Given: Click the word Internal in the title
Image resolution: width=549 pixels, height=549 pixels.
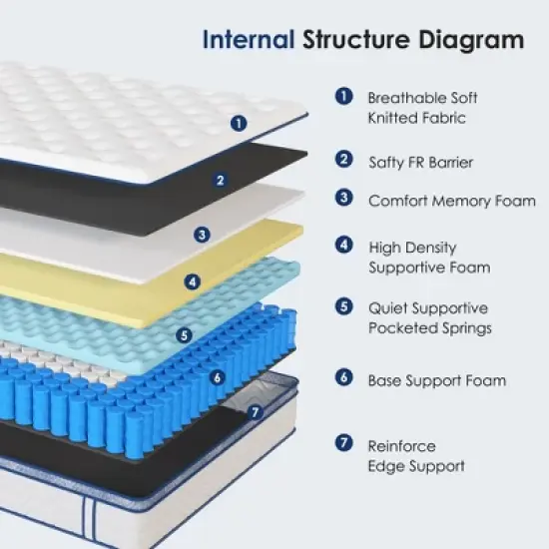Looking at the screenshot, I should coord(248,40).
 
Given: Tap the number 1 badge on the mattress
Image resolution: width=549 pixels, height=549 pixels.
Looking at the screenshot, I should coord(238,124).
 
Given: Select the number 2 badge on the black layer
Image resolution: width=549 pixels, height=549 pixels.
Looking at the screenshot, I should coord(220,181).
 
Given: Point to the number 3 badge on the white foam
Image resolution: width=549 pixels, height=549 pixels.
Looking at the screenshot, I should coord(203,236).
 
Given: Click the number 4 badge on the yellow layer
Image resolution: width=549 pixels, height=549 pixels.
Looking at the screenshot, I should coord(192,281).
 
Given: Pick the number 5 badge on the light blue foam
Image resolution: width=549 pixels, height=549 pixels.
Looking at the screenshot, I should coord(184,334).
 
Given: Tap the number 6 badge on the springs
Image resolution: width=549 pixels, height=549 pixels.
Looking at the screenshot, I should coord(216,377).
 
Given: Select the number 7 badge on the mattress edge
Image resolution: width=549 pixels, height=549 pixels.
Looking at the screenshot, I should coord(255,411).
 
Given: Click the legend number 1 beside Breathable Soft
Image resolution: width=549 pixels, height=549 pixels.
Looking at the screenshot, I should coord(344,97).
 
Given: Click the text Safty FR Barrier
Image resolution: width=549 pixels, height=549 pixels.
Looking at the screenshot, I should coord(419,162).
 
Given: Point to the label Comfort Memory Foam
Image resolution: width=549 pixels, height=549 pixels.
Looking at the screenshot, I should coord(451,201).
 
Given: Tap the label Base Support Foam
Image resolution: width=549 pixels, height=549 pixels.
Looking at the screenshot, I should coord(436,380).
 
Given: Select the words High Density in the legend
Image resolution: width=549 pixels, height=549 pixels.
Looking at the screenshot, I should coord(412,248).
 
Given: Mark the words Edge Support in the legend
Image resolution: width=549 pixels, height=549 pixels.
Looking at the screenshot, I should coord(416,466).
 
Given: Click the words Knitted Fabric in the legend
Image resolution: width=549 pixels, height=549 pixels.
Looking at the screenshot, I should coord(416,118).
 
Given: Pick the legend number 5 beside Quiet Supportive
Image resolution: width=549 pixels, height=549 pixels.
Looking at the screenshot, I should coord(344,307).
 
